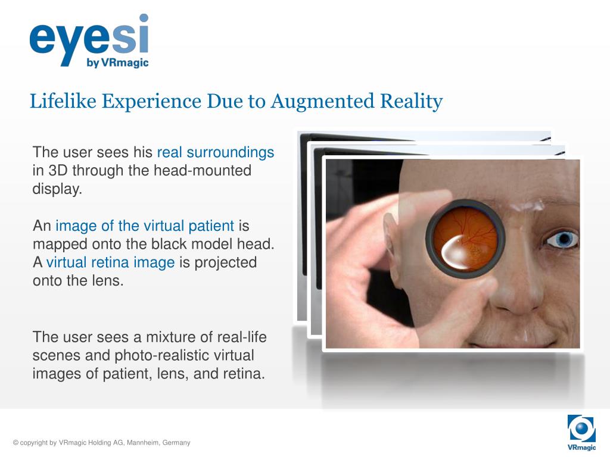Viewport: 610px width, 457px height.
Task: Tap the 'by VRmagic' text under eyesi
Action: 117,62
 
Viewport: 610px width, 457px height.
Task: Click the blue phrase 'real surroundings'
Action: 215,152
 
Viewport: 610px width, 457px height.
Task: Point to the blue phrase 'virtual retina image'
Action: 110,262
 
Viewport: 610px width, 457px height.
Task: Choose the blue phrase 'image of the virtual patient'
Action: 145,226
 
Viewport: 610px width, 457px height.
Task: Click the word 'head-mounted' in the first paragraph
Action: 203,171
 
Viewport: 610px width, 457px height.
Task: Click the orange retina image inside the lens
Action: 465,234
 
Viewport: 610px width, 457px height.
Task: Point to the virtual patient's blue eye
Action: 562,240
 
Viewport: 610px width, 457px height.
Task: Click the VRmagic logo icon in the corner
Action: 581,429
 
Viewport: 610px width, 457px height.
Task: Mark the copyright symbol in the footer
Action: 15,443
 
